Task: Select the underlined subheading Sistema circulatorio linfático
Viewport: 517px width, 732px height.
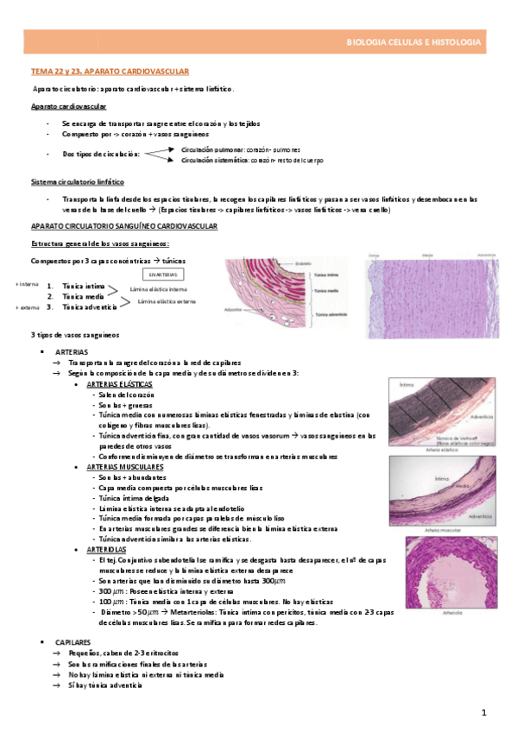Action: (76, 182)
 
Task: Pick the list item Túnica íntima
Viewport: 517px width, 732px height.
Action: (84, 286)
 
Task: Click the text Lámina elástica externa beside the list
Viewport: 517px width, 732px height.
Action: (164, 302)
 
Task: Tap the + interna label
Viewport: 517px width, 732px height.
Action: (27, 284)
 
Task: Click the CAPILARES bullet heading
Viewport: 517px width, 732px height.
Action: (75, 643)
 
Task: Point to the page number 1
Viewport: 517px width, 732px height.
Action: (484, 712)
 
